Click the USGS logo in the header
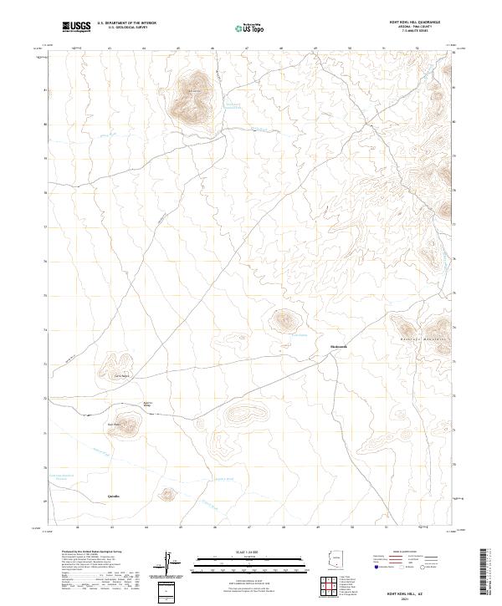pyautogui.click(x=76, y=26)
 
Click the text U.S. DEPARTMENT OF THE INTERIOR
pyautogui.click(x=126, y=23)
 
